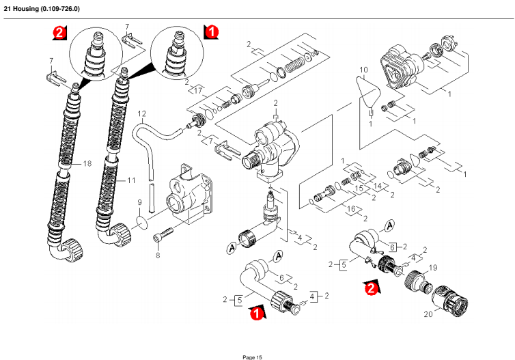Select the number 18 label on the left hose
click(87, 164)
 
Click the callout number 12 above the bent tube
click(142, 113)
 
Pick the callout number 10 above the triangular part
click(363, 70)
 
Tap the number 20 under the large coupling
click(428, 315)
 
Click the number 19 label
click(432, 268)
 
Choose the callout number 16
click(352, 209)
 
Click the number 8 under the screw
click(157, 255)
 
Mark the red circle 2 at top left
click(60, 32)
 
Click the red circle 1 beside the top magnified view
click(212, 31)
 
